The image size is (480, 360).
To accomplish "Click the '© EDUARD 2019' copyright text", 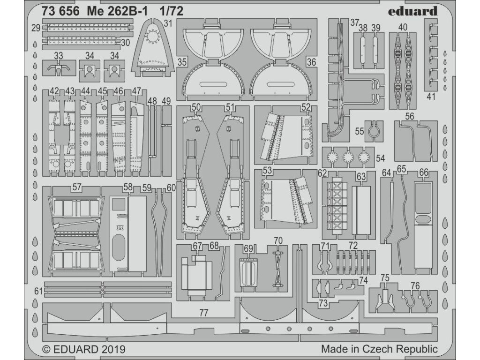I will coord(84,349).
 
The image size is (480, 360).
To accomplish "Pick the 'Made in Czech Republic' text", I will coord(379,349).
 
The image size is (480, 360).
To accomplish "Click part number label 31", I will coord(168,23).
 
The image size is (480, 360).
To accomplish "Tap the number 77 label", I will coord(203,313).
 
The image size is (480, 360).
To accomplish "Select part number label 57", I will coord(77,187).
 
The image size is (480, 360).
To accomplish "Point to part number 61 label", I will coord(39,292).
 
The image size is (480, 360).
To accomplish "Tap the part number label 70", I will coord(278,241).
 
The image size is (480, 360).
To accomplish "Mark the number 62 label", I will coord(322,173).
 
